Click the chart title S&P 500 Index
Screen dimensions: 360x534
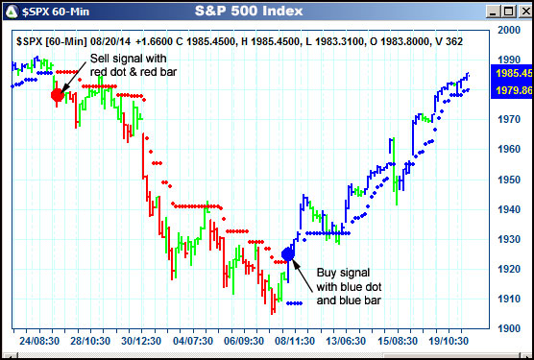click(x=248, y=12)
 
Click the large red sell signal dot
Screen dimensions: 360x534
click(x=57, y=94)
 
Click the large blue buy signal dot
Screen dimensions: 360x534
click(x=290, y=254)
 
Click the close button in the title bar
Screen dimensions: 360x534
click(x=520, y=12)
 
